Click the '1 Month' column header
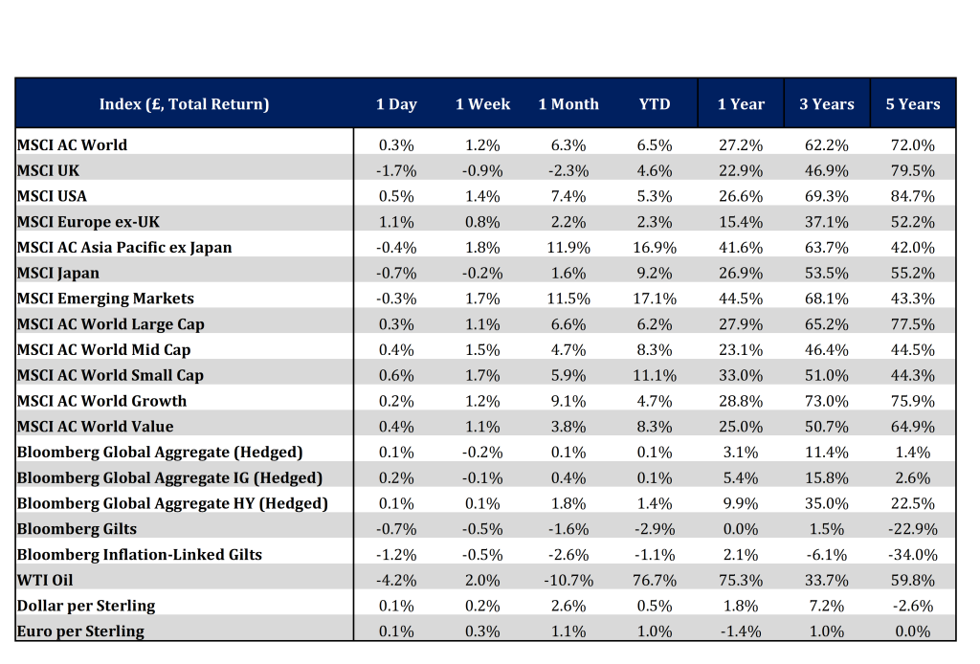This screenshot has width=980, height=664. point(568,104)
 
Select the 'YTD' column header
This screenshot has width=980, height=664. point(655,104)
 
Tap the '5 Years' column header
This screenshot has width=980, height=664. point(912,104)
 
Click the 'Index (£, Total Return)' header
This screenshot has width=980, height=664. point(184,104)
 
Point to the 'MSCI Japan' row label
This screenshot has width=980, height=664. point(58,273)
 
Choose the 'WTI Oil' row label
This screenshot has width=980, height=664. point(45,581)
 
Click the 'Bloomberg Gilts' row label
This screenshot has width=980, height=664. point(77,529)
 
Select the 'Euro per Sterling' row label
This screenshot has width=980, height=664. point(80,631)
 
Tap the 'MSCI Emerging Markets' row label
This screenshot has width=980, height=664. point(105,299)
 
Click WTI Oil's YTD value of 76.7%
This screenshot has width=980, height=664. point(655,581)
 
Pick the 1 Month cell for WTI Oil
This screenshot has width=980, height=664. point(568,581)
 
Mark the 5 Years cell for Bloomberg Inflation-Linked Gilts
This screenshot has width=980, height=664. point(912,555)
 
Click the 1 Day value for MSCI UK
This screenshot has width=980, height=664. point(396,170)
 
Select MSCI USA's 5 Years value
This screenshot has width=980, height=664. point(912,196)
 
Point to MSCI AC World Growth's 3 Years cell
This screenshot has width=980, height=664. point(826,401)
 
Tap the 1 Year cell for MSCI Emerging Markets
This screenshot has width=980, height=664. point(741,299)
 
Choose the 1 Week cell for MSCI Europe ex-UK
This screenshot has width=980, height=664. point(482,222)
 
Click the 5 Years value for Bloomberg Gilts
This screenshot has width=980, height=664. point(912,529)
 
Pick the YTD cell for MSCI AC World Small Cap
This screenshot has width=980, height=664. point(655,375)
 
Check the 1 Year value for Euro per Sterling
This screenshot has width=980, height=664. point(741,631)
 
